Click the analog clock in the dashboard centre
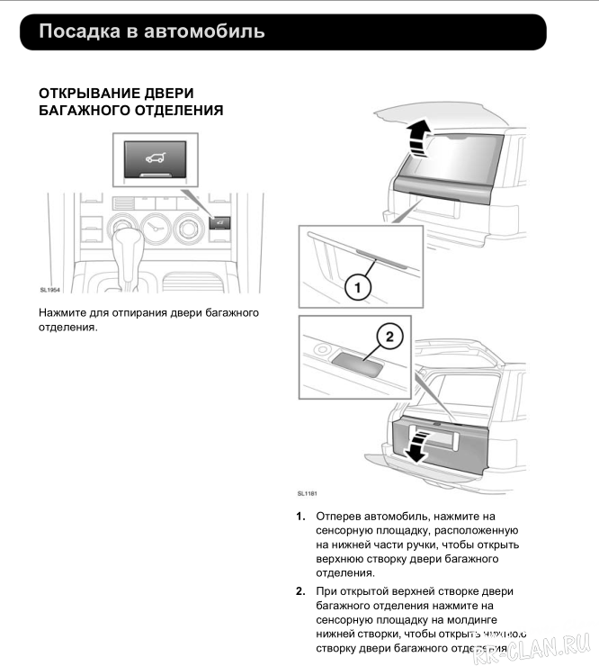point(155,229)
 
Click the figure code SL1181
point(307,493)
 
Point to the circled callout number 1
point(357,287)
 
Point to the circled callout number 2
point(389,337)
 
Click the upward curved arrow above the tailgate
point(416,140)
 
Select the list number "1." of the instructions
point(300,517)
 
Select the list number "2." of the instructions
point(300,591)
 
